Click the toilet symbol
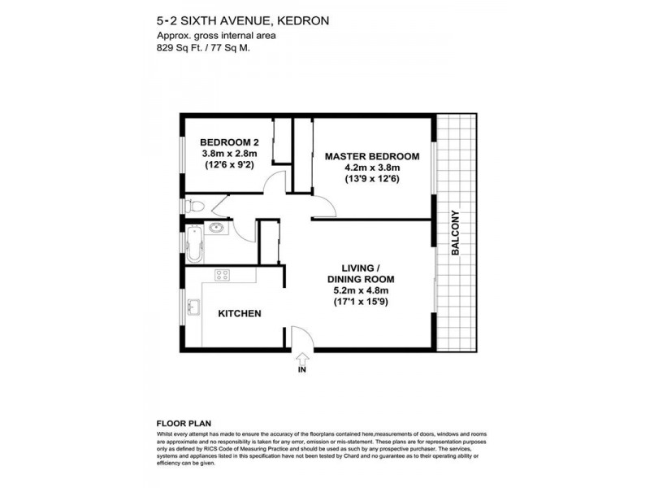[x=188, y=206]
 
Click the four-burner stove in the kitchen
[x=221, y=275]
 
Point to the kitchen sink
[x=193, y=307]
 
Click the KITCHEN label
[x=238, y=313]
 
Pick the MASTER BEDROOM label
[x=371, y=156]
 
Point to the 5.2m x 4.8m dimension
[x=357, y=290]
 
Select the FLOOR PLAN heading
[x=184, y=424]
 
